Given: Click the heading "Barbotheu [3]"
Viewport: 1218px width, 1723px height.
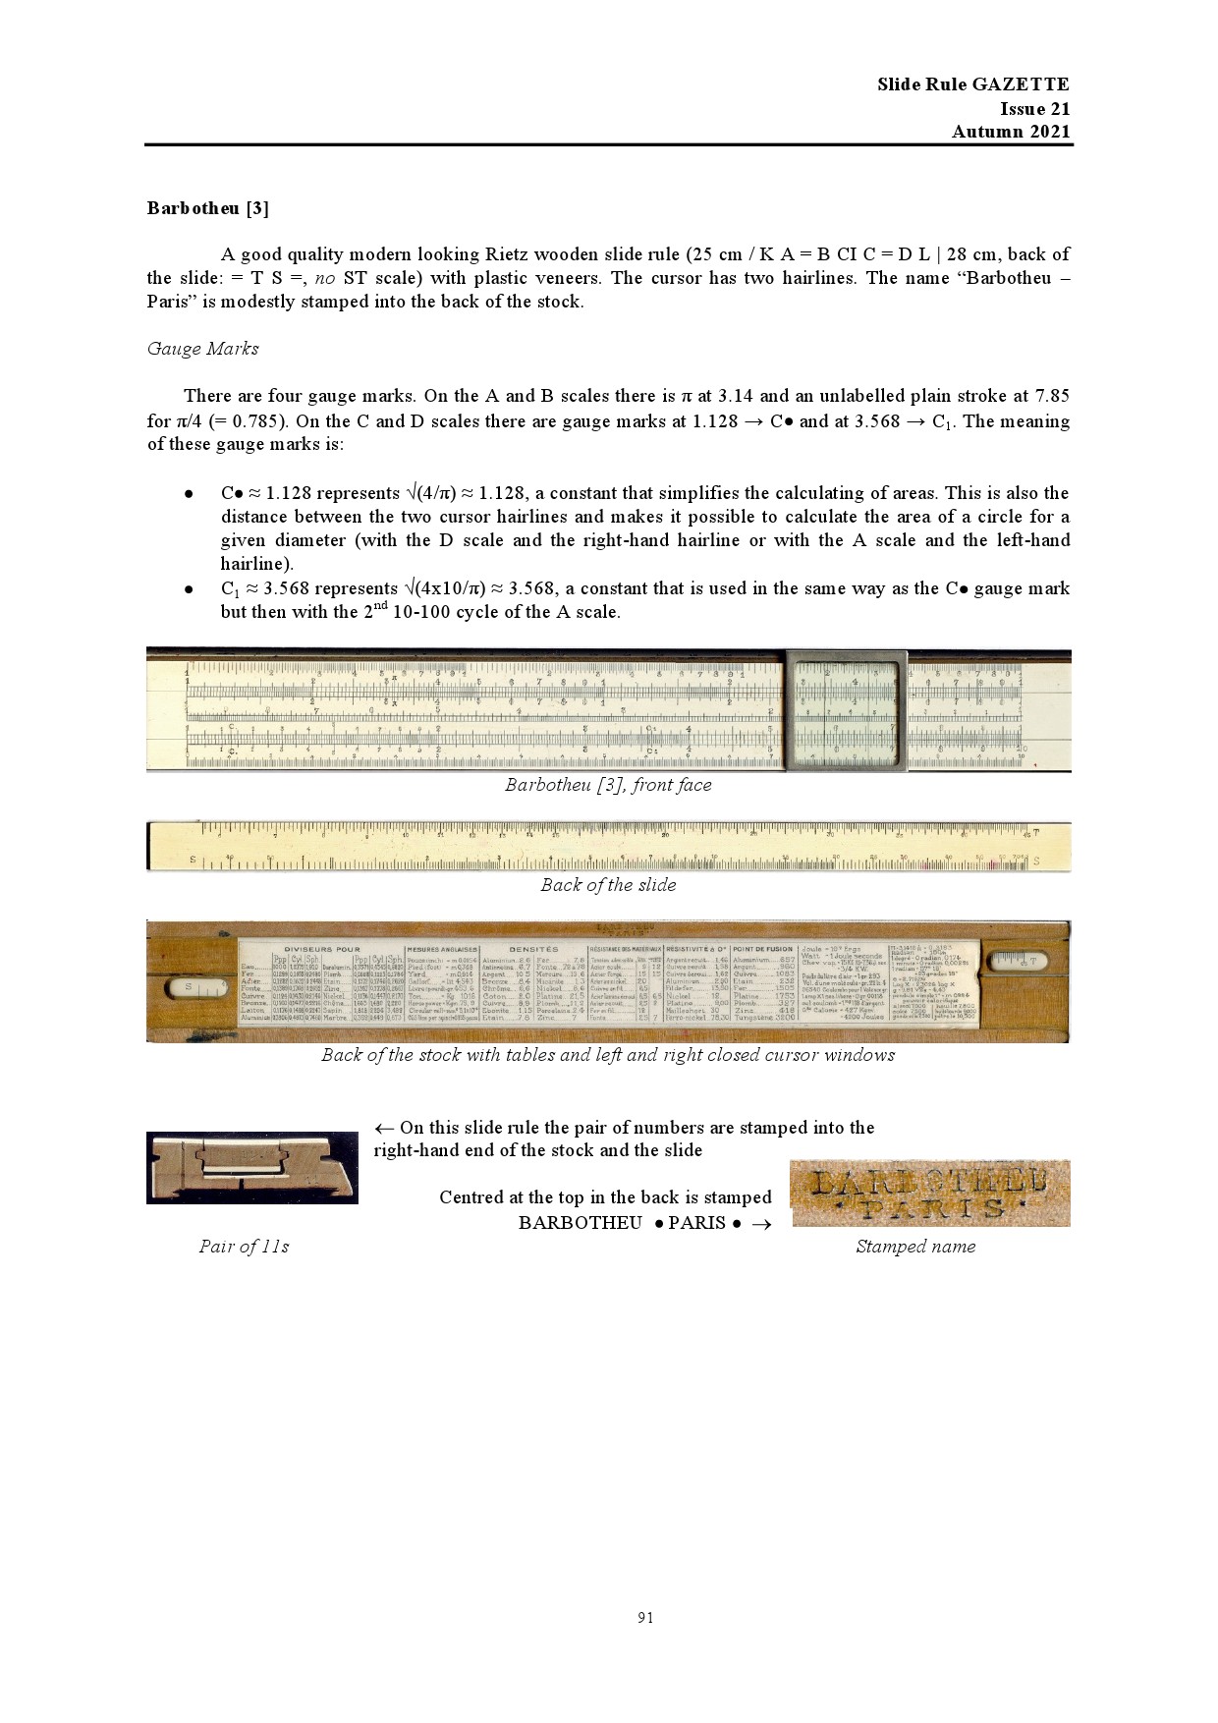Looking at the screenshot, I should (207, 208).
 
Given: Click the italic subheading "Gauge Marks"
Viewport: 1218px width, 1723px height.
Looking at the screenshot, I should (202, 349).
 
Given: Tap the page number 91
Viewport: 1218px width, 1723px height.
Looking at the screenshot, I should (645, 1617).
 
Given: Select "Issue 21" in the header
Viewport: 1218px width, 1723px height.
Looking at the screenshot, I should (1034, 108).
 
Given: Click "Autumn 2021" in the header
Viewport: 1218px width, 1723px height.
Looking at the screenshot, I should (1011, 132).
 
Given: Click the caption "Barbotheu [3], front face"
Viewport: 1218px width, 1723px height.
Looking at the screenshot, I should (608, 785).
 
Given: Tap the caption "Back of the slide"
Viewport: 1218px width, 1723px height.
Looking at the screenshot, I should (608, 885).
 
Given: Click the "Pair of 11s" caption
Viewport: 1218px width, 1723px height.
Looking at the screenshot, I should (244, 1247).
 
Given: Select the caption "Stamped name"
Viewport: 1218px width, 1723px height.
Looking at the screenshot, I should (915, 1247).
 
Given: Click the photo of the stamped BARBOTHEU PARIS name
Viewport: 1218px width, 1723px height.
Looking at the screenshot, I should (929, 1193).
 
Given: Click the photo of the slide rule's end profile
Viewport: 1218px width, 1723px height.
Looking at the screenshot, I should (251, 1167).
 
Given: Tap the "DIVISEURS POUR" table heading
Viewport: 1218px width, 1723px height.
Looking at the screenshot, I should (321, 949).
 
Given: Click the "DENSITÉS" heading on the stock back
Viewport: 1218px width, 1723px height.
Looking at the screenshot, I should (533, 949).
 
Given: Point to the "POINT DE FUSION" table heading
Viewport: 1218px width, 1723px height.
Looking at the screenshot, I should (762, 949).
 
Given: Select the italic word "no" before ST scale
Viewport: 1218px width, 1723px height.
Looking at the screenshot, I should (325, 278).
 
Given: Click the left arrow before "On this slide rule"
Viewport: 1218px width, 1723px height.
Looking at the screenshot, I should (384, 1128).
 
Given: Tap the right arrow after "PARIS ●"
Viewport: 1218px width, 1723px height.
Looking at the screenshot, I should (760, 1224).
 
